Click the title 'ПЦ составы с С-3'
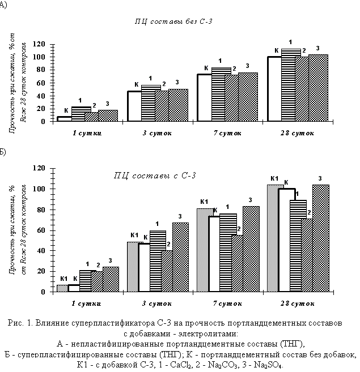pos(155,175)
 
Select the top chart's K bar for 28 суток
pos(274,89)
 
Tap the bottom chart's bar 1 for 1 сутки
pos(86,281)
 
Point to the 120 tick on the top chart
pos(39,44)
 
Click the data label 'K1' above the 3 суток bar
pos(134,235)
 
